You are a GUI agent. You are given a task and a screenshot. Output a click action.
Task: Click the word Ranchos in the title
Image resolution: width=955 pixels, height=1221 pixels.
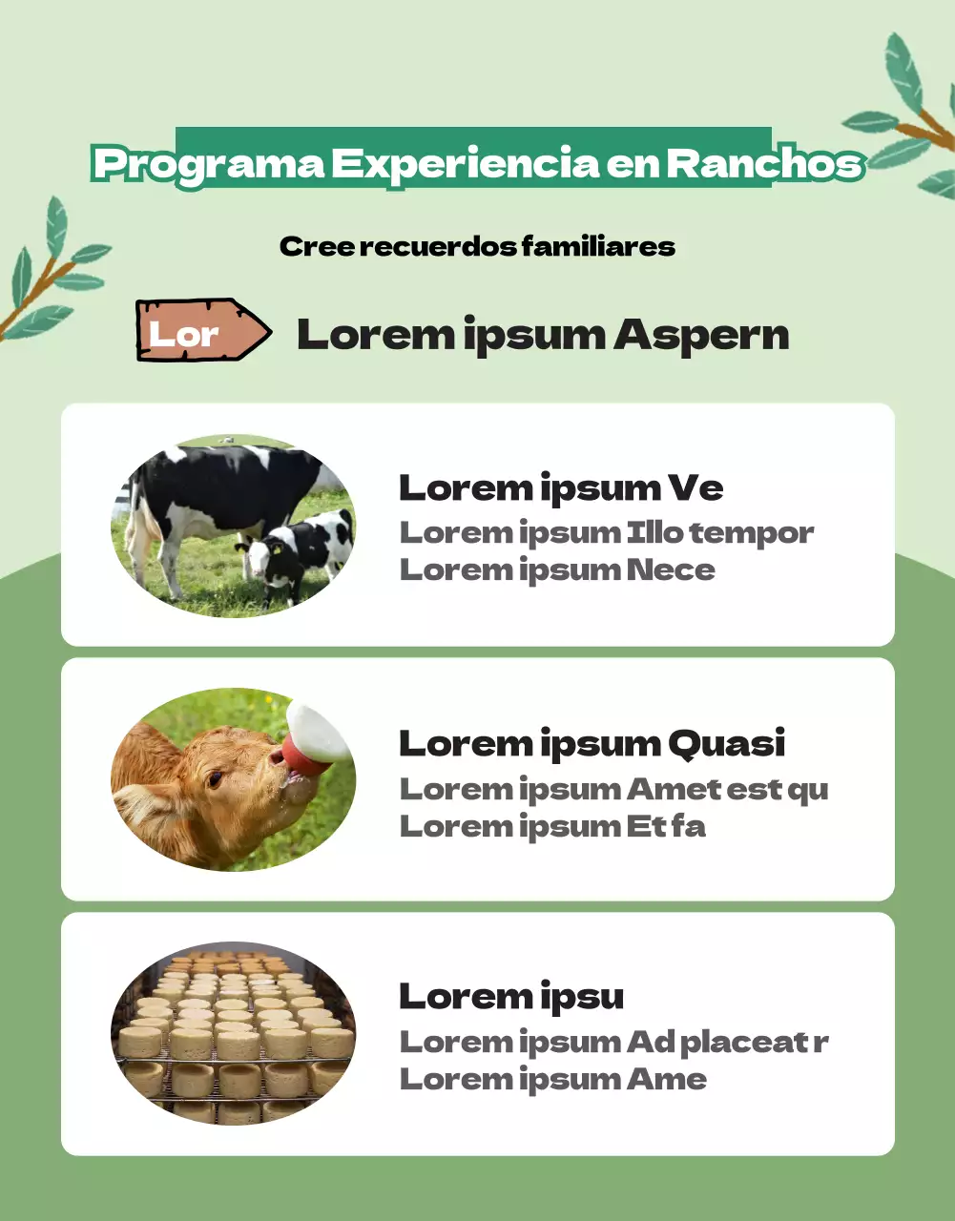pos(764,163)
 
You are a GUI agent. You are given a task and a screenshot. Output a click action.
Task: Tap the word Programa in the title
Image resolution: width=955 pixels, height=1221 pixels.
pos(209,164)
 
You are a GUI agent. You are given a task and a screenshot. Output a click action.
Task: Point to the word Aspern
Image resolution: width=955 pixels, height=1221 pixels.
pos(701,335)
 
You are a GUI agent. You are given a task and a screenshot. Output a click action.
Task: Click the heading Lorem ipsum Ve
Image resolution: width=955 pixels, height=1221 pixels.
pos(560,487)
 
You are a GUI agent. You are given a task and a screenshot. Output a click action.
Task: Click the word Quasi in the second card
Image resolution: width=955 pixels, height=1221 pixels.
pos(726,743)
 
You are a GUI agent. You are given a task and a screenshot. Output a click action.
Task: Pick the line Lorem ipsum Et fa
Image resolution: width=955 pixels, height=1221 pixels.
pos(552,826)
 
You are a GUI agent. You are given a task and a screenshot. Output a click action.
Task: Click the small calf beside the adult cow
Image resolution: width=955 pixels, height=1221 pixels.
pos(298,553)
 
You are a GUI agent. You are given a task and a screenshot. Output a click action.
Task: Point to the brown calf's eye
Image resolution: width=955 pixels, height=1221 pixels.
pos(217,778)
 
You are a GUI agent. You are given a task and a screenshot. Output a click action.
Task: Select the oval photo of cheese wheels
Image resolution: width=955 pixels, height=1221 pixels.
pos(233,1033)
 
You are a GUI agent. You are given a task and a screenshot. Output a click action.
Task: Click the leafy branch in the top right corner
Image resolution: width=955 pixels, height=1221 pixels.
pos(906,119)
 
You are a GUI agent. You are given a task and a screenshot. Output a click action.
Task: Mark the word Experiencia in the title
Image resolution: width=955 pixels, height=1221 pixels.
pos(465,164)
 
